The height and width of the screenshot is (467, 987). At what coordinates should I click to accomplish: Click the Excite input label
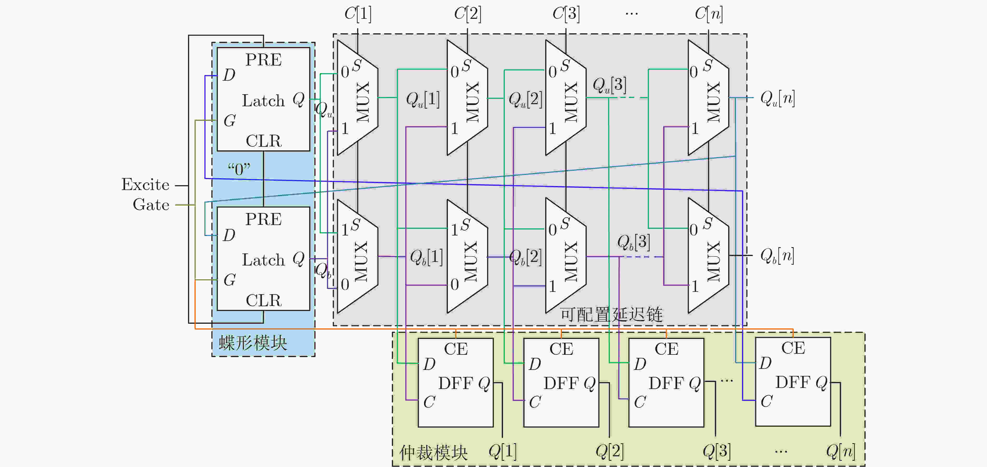click(x=145, y=185)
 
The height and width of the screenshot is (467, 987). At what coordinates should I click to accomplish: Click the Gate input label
click(x=151, y=205)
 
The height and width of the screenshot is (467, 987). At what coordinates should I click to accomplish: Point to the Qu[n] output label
click(x=777, y=98)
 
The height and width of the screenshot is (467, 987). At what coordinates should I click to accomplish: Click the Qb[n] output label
click(x=777, y=256)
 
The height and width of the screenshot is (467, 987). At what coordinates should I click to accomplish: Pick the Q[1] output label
click(x=503, y=451)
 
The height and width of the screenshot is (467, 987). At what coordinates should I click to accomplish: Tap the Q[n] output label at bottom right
click(x=841, y=451)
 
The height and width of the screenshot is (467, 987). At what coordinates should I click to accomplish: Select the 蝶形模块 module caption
click(x=253, y=343)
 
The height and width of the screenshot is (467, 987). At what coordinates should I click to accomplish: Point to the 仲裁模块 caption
click(x=434, y=452)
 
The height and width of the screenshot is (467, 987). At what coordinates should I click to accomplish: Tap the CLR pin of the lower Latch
click(x=264, y=300)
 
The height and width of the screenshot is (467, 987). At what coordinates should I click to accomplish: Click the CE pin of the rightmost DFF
click(x=793, y=348)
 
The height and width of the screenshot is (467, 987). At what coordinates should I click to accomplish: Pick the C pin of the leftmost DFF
click(x=429, y=402)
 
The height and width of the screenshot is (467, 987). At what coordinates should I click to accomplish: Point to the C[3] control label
click(x=566, y=14)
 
